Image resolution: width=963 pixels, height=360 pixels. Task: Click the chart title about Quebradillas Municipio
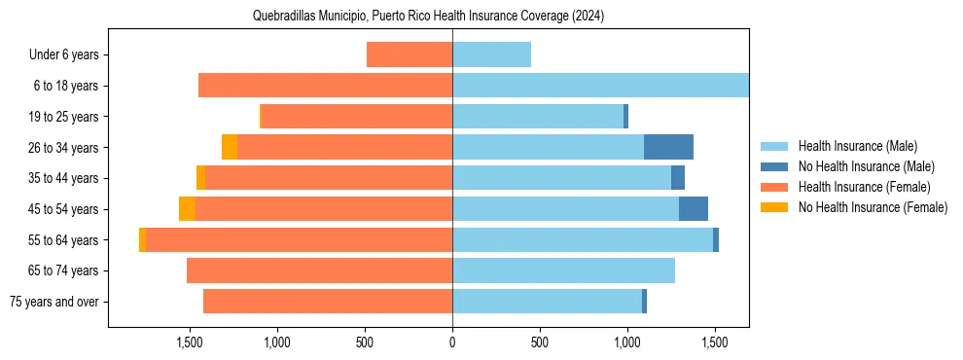(x=428, y=16)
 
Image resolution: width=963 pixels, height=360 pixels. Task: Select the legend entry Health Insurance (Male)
(x=857, y=146)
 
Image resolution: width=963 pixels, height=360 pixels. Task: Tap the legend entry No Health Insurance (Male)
(x=866, y=166)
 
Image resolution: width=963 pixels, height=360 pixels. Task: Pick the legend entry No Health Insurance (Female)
(x=873, y=207)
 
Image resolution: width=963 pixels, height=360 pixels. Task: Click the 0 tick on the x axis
(x=452, y=342)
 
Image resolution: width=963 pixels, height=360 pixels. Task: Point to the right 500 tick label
(x=540, y=342)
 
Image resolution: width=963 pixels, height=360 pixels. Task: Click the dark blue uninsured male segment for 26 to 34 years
(x=668, y=147)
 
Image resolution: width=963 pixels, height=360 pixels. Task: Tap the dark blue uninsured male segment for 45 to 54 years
(x=693, y=208)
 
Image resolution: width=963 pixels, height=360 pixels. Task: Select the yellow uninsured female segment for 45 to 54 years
(x=187, y=208)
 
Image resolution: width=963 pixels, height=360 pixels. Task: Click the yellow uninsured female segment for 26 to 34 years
(x=230, y=147)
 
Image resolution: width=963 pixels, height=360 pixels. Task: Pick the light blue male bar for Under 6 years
(x=491, y=54)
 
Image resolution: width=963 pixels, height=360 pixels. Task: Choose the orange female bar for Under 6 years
(x=410, y=54)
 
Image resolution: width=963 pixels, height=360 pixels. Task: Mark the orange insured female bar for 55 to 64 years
(x=299, y=239)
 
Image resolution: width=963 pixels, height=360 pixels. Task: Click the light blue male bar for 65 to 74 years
(x=563, y=270)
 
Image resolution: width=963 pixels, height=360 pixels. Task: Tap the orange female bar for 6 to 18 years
(x=325, y=86)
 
